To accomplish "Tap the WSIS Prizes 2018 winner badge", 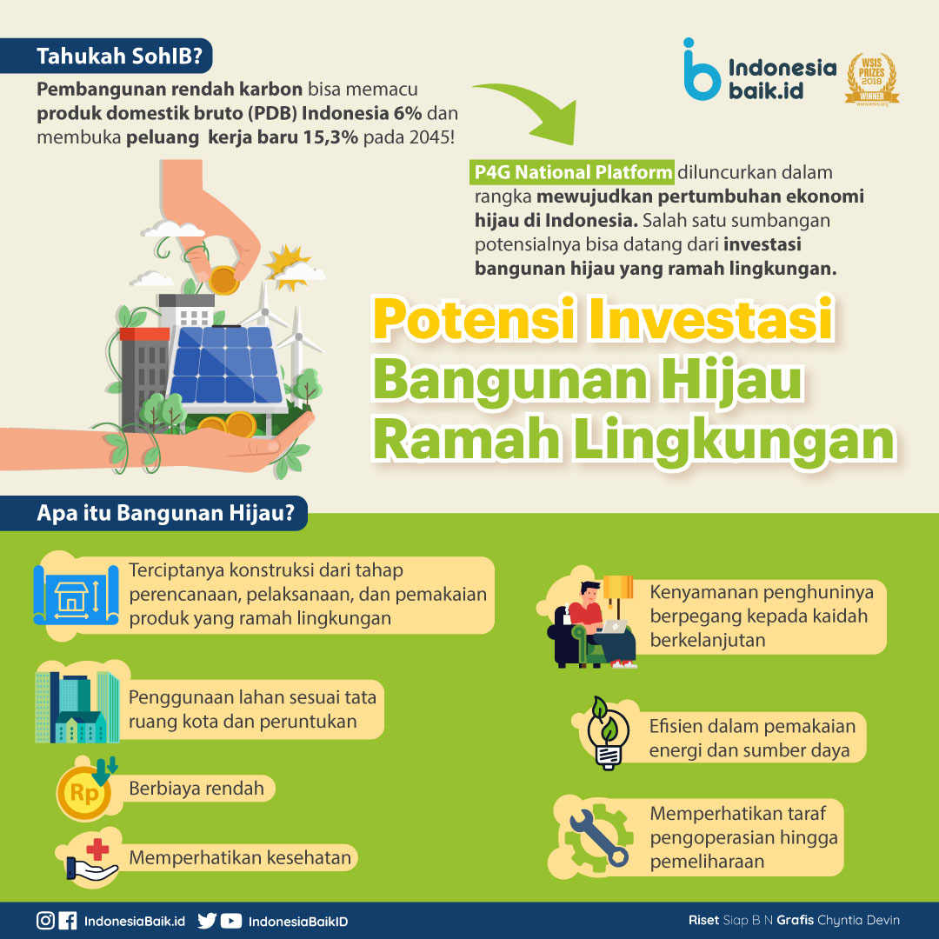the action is (x=872, y=79).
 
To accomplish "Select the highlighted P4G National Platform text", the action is (x=572, y=172).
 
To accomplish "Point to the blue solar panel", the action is (x=226, y=364).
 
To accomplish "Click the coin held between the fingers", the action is (x=223, y=280).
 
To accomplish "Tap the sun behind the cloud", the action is (x=285, y=264).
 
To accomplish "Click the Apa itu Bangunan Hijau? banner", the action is (x=154, y=513).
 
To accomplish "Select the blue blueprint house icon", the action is (x=76, y=596).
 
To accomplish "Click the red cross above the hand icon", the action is (x=97, y=849).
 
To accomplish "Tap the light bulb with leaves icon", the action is (x=607, y=732).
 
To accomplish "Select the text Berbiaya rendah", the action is (x=196, y=788).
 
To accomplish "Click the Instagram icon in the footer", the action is (x=45, y=921).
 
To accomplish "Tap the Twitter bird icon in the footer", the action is (x=207, y=921).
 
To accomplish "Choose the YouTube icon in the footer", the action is (x=231, y=921).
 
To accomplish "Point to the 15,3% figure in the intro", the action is (x=330, y=137).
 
